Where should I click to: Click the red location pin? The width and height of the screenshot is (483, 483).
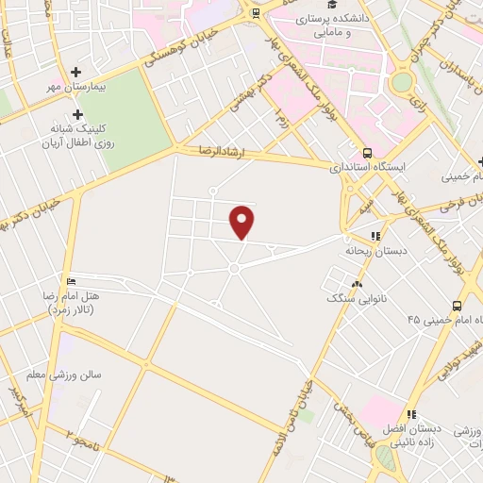tap(243, 221)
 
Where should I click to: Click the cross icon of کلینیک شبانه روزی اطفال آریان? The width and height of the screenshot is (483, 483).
tap(77, 113)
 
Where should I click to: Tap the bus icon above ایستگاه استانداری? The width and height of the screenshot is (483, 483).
tap(367, 153)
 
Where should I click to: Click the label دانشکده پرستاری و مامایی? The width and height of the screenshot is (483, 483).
tap(336, 25)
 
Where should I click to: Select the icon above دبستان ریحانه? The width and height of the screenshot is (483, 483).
tap(375, 236)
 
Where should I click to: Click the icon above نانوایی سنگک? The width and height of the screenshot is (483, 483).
tap(357, 283)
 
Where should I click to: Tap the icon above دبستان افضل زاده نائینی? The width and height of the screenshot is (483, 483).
tap(411, 414)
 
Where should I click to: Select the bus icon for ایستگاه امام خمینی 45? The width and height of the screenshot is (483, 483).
tap(457, 306)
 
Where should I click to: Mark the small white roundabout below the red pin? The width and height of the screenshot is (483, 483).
tap(233, 269)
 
